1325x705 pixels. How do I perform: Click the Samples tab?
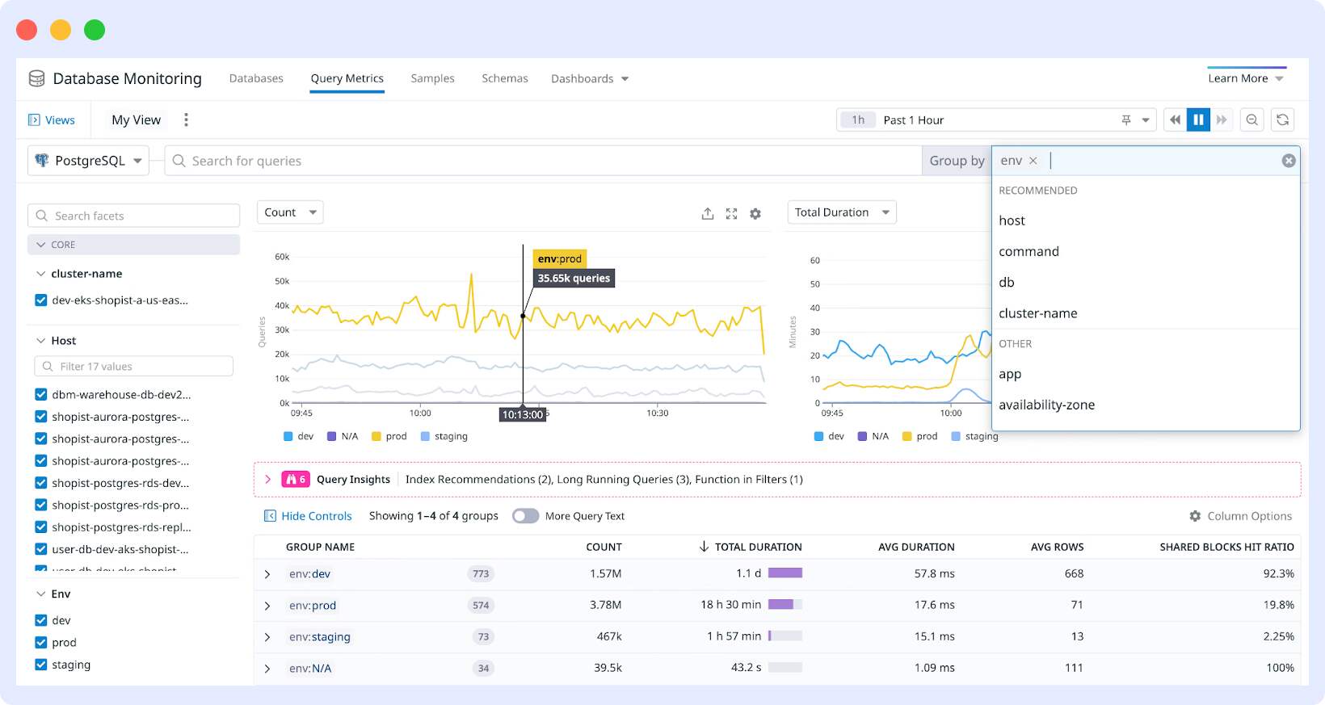coord(432,78)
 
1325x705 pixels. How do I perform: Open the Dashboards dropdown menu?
coord(589,78)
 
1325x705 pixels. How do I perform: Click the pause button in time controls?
coord(1198,120)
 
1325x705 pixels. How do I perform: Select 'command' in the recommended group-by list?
coord(1028,251)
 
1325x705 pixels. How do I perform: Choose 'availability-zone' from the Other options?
coord(1046,405)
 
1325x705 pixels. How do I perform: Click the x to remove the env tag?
coord(1033,161)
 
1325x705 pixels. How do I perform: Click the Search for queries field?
coord(541,161)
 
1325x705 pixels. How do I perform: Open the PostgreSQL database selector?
coord(89,161)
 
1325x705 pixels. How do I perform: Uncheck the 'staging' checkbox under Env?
coord(41,665)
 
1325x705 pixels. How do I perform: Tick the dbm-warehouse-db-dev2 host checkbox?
coord(41,395)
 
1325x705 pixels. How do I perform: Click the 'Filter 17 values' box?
coord(134,367)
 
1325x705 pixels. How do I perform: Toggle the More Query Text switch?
coord(525,516)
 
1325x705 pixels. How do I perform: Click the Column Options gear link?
coord(1240,516)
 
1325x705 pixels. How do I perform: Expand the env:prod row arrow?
coord(267,606)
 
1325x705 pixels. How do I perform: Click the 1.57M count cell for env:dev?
coord(605,573)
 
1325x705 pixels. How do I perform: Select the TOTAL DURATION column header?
coord(757,547)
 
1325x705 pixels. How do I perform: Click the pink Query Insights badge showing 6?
coord(295,479)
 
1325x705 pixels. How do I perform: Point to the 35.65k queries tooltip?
coord(574,278)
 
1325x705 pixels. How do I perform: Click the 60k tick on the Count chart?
coord(282,257)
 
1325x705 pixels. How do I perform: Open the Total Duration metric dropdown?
coord(841,212)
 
